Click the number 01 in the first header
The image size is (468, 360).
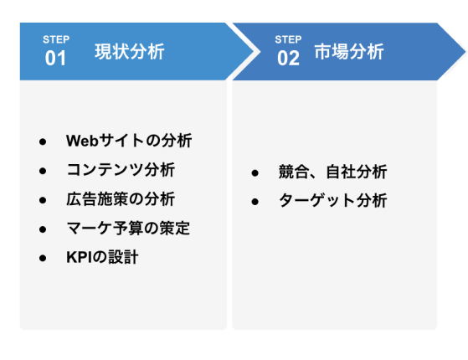pyautogui.click(x=55, y=59)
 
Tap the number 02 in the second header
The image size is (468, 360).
pyautogui.click(x=288, y=59)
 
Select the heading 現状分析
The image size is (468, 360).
pyautogui.click(x=130, y=52)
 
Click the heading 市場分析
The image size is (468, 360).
pyautogui.click(x=349, y=52)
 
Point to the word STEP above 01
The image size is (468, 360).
pyautogui.click(x=56, y=39)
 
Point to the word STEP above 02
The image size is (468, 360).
pyautogui.click(x=288, y=39)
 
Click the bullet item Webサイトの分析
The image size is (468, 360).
pyautogui.click(x=129, y=141)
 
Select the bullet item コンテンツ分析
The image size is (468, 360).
pyautogui.click(x=121, y=170)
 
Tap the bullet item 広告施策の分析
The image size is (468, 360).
pyautogui.click(x=121, y=199)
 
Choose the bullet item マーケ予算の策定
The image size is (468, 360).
pyautogui.click(x=128, y=229)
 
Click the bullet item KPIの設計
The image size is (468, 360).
pyautogui.click(x=102, y=257)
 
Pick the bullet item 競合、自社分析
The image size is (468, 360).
pyautogui.click(x=333, y=172)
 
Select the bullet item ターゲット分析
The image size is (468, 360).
pyautogui.click(x=333, y=201)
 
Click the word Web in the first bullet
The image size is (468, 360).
pyautogui.click(x=82, y=141)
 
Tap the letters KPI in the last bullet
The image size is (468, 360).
pyautogui.click(x=80, y=257)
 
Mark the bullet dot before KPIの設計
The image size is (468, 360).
pyautogui.click(x=43, y=258)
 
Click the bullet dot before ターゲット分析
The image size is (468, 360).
pyautogui.click(x=255, y=202)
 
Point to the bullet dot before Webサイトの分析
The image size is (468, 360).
pyautogui.click(x=43, y=141)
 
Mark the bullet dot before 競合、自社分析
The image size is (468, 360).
pyautogui.click(x=255, y=173)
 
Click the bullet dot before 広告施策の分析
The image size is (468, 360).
pyautogui.click(x=43, y=200)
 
